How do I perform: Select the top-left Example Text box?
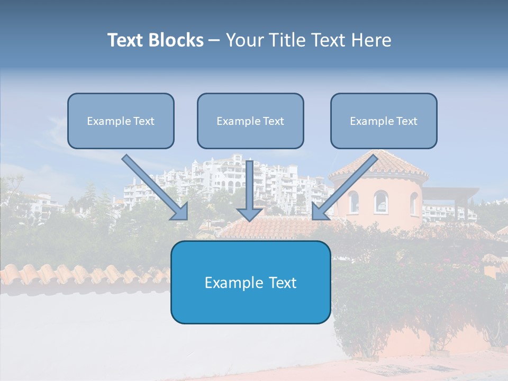[121, 121]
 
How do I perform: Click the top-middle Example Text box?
[250, 121]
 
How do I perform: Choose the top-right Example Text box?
[384, 121]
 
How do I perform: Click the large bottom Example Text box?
[250, 282]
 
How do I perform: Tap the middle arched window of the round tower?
[380, 202]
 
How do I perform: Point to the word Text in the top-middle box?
[273, 121]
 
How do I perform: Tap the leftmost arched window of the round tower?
[353, 202]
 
